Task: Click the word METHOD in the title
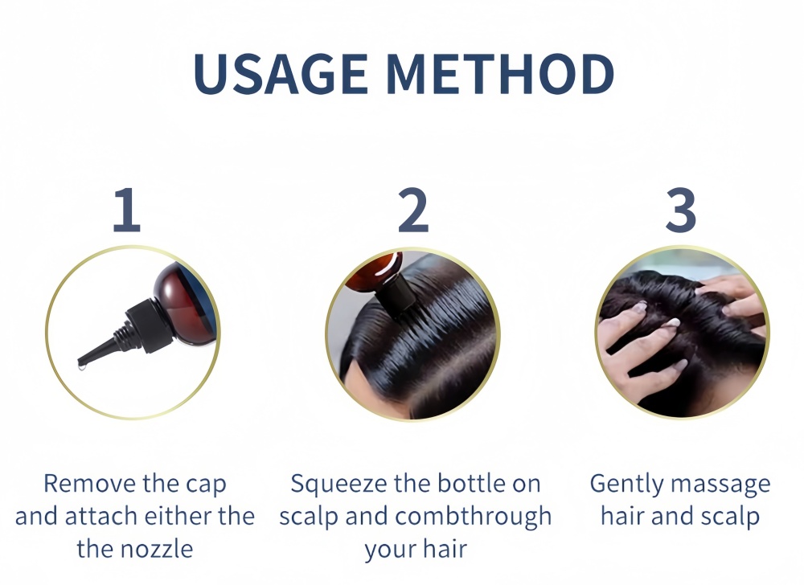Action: coord(500,74)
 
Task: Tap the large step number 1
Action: coord(127,210)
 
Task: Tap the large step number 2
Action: coord(413,210)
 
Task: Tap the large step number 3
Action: coord(680,210)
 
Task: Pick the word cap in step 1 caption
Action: coord(206,485)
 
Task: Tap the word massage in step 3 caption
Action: coord(720,485)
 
